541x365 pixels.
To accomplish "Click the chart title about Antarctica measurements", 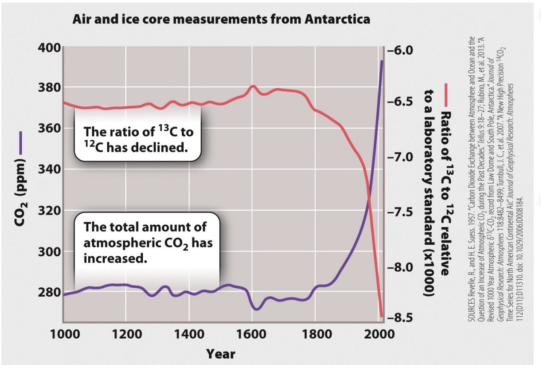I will coord(221,20).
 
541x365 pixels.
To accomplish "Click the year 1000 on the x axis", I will coord(63,334).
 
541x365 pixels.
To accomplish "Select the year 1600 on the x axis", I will coord(252,334).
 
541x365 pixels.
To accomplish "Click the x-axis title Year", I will coord(221,353).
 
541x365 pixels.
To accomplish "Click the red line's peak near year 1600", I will coord(253,86).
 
